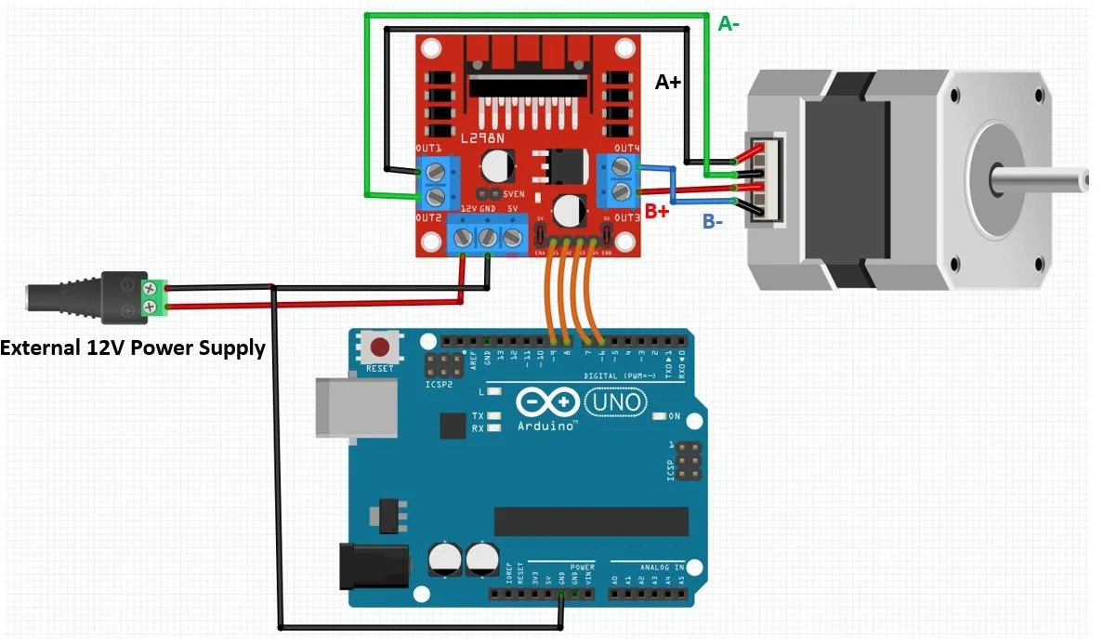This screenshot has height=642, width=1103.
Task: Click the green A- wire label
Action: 729,23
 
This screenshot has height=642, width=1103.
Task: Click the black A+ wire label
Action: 668,83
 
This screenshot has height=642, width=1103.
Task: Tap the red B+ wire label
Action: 657,211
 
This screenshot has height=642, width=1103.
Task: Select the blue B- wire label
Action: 714,221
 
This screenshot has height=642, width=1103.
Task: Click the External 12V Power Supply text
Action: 133,348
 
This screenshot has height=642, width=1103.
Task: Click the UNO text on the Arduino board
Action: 613,402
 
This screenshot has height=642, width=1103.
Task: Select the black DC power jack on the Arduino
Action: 372,567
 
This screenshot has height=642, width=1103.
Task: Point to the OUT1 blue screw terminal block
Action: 434,181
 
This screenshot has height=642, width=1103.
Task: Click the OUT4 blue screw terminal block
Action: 618,180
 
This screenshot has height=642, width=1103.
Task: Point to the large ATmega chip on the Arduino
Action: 591,521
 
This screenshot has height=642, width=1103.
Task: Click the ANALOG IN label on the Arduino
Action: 661,567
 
